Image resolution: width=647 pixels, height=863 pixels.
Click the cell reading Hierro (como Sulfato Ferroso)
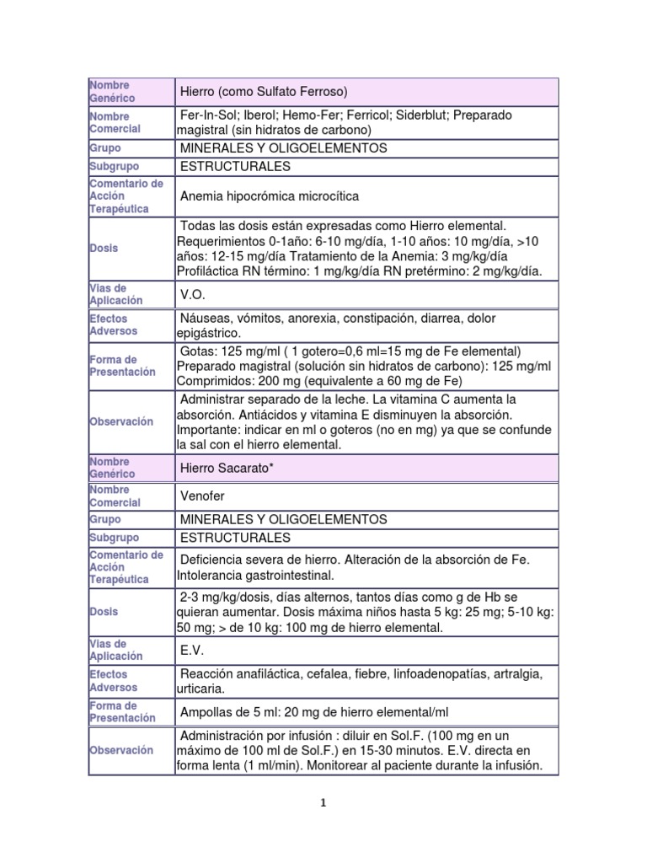(x=264, y=91)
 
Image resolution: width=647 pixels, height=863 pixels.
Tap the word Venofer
(x=203, y=496)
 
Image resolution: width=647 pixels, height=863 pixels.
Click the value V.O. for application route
(x=193, y=295)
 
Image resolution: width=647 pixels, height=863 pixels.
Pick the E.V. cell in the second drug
(x=192, y=651)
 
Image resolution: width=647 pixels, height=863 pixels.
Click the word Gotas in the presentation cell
(x=197, y=351)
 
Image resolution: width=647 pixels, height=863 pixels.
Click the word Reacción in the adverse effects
(x=207, y=674)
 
